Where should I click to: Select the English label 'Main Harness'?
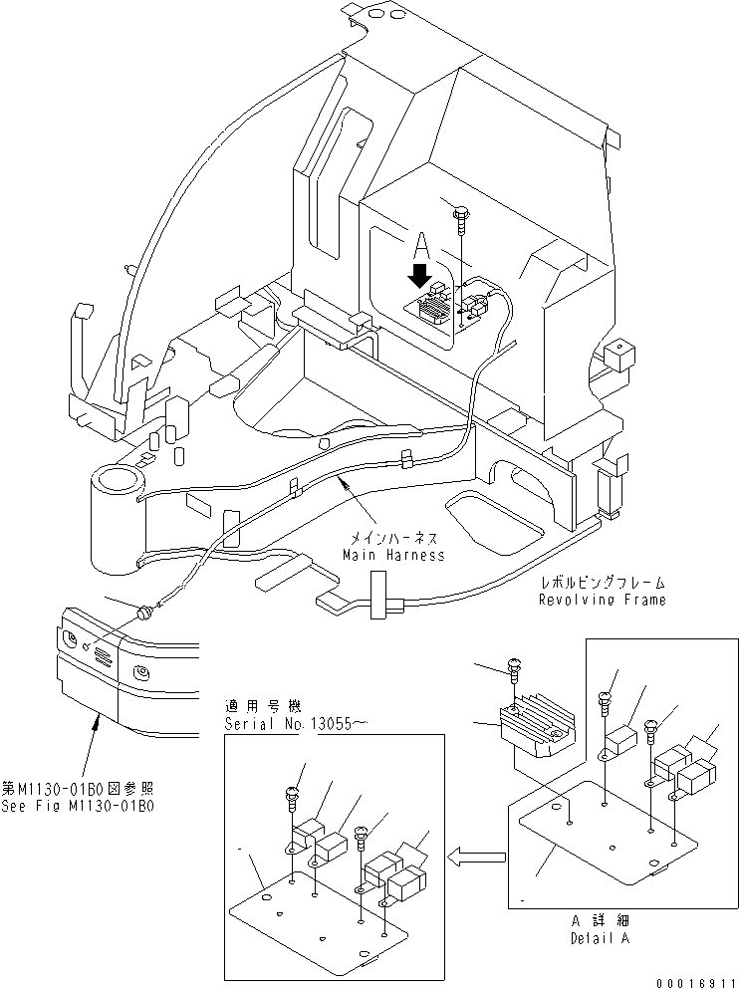click(393, 555)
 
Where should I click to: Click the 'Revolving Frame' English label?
click(602, 600)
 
